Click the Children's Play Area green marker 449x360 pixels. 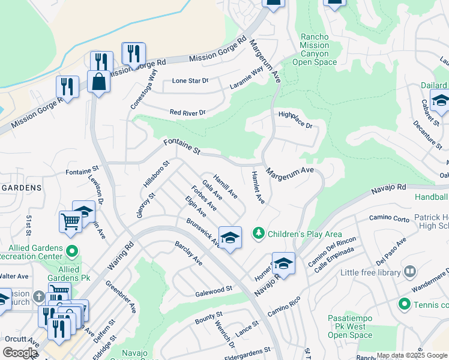point(259,233)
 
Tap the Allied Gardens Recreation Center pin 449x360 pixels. point(72,250)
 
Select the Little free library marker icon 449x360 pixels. point(411,272)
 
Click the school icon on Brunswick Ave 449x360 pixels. point(230,238)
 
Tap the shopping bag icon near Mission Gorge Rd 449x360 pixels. point(98,82)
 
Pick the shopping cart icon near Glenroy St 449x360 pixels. point(71,221)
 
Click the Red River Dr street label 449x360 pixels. point(187,112)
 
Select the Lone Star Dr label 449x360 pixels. point(190,80)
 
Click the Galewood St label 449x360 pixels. point(214,290)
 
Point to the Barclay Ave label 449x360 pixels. point(188,254)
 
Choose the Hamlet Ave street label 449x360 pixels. point(256,186)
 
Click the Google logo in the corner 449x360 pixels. point(20,353)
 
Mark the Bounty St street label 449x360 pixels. point(209,317)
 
